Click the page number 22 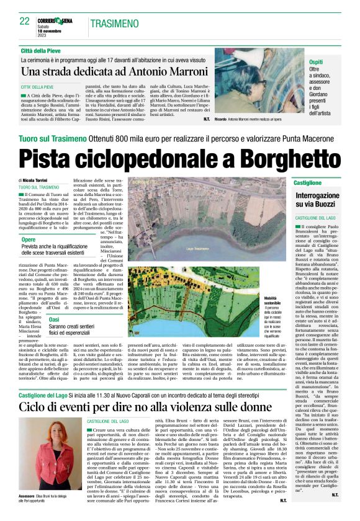tap(25, 21)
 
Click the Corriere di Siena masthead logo tap(56, 20)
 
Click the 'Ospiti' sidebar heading tap(316, 63)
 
